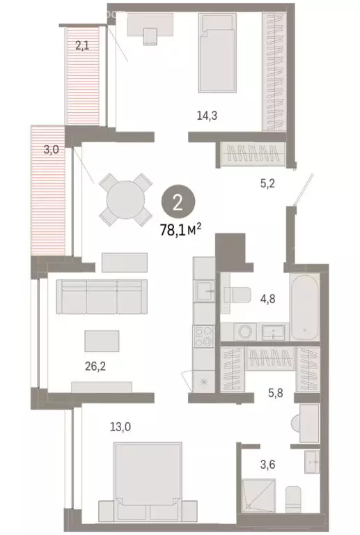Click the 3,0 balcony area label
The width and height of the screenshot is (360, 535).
[x=51, y=149]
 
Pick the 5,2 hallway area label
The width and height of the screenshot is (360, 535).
[x=269, y=185]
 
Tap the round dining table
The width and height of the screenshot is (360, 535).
[x=125, y=199]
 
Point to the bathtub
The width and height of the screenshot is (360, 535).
[x=305, y=308]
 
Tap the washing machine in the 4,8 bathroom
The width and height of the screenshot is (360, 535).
[x=243, y=332]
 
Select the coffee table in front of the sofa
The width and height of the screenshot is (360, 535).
[x=101, y=341]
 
